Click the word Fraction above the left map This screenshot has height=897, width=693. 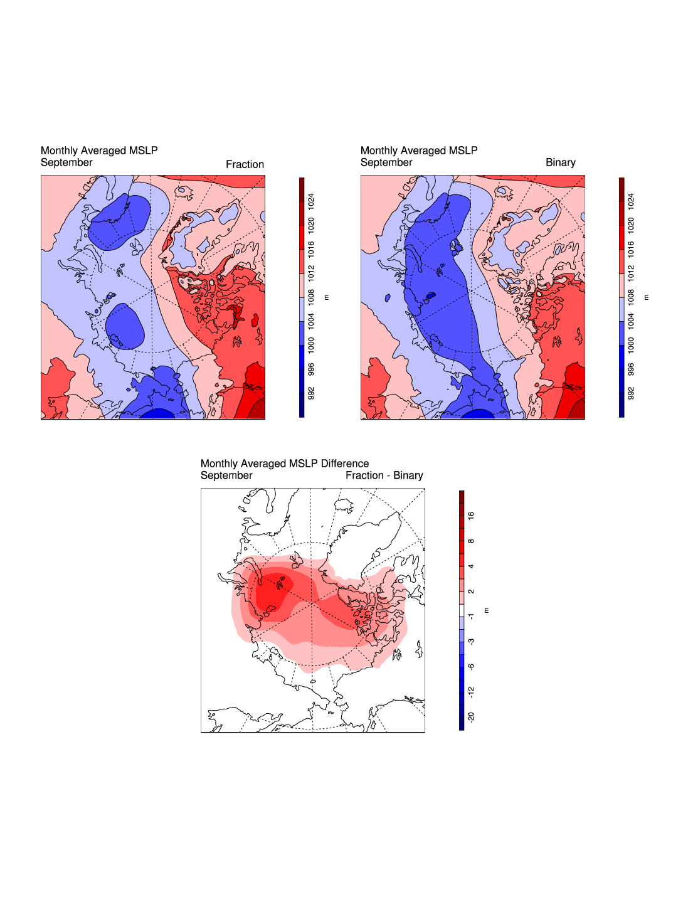(245, 164)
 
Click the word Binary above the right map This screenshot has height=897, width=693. (560, 162)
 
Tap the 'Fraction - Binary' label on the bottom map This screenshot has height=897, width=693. (384, 475)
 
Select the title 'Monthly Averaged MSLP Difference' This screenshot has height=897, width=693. (285, 464)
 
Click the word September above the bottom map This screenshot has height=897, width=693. (226, 475)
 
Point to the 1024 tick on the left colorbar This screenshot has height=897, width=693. (311, 201)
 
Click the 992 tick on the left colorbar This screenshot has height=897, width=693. (311, 393)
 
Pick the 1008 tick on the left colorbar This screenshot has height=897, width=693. (311, 297)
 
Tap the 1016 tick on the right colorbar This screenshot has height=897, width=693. (631, 249)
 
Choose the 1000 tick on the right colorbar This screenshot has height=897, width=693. (631, 344)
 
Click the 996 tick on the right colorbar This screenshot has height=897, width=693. (631, 369)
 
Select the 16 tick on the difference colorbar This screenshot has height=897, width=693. (471, 516)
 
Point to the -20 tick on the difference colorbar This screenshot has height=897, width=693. (471, 717)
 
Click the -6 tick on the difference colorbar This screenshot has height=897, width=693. (471, 667)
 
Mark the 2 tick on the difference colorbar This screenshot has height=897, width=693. (471, 592)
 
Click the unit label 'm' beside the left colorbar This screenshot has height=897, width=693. (327, 297)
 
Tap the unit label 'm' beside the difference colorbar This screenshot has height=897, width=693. (487, 610)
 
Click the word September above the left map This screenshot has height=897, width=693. (66, 162)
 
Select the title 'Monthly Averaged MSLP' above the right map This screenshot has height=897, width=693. (419, 151)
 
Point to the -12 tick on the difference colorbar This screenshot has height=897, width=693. (471, 692)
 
